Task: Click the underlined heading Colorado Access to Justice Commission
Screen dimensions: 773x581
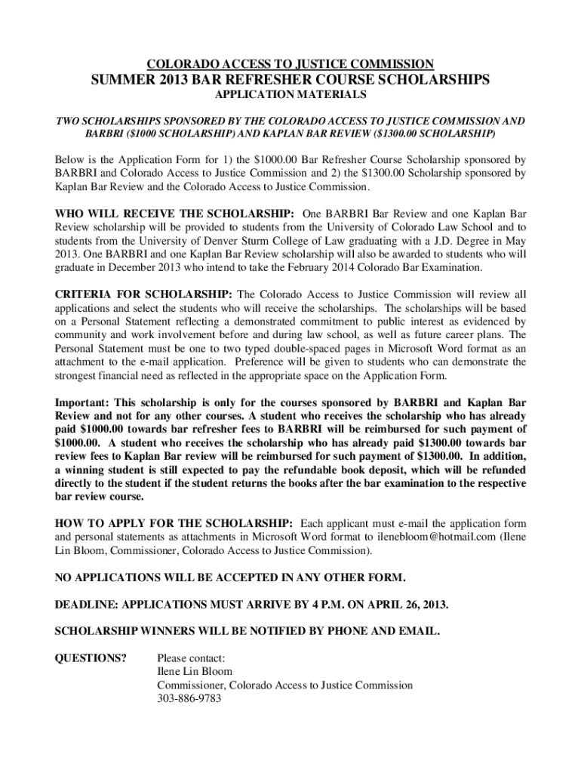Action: (290, 64)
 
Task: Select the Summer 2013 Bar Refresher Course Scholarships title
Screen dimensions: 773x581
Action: (290, 79)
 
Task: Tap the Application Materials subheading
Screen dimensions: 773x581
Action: (290, 95)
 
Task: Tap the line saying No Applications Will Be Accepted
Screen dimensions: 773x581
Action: (231, 578)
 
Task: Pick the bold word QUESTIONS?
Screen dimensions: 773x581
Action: (91, 658)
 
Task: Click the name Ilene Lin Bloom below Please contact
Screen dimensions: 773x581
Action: (195, 671)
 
